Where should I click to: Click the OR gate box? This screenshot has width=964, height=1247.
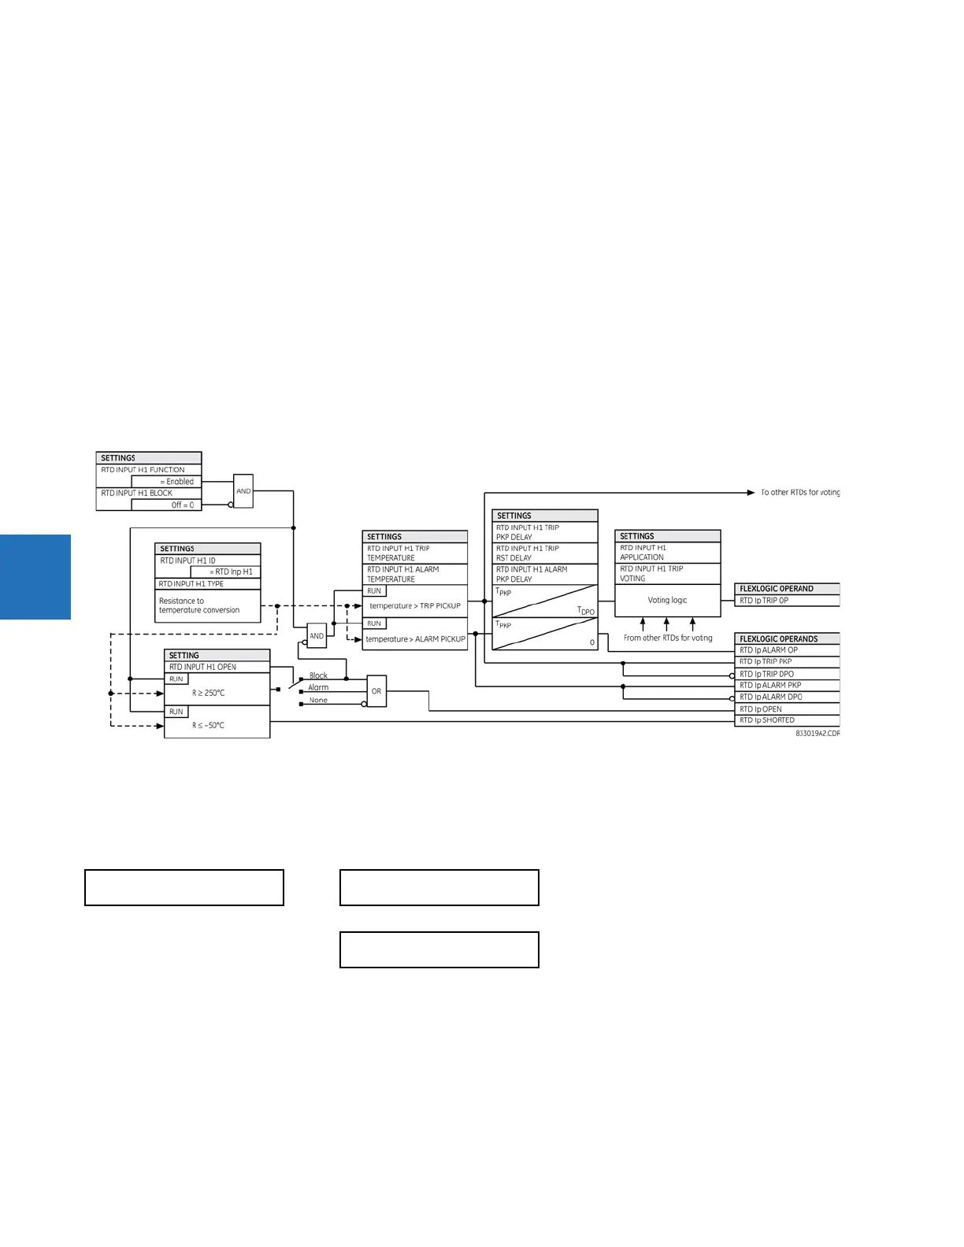point(376,691)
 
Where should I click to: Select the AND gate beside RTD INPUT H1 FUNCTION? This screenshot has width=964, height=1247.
point(243,491)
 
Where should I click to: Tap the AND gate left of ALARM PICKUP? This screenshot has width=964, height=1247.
point(317,635)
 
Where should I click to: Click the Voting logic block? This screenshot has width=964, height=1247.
point(667,600)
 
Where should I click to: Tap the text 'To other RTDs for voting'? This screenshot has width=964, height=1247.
point(799,493)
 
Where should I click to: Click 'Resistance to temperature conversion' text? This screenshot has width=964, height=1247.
point(199,605)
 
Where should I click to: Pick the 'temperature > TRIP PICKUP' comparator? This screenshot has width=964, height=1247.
point(415,606)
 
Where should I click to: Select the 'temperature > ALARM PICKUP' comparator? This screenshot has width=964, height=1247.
point(415,639)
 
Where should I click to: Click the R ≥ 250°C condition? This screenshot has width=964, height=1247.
point(209,694)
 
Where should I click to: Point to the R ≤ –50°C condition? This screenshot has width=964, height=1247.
point(209,726)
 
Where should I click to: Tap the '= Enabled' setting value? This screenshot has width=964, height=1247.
point(177,482)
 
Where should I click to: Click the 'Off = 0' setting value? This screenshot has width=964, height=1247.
point(182,505)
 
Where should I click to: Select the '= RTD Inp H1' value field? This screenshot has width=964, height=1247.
point(232,572)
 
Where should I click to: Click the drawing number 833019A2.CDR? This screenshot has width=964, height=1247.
point(818,734)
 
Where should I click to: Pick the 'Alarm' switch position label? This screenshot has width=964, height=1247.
point(318,688)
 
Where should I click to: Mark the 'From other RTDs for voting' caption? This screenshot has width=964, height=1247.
point(668,638)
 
